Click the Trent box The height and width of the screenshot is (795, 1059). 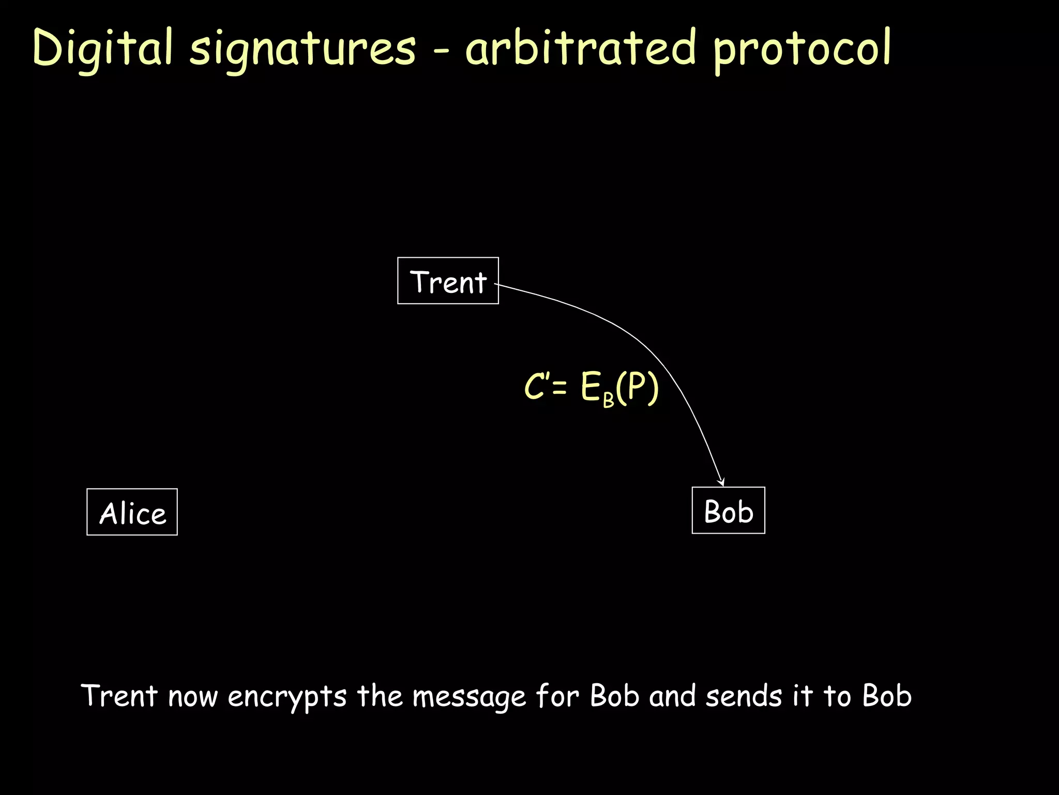pyautogui.click(x=448, y=281)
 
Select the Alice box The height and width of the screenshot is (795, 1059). pyautogui.click(x=132, y=512)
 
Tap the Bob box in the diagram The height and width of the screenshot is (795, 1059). pyautogui.click(x=728, y=510)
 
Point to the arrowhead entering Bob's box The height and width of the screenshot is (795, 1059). pyautogui.click(x=722, y=482)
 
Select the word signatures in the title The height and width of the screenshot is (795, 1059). pyautogui.click(x=302, y=50)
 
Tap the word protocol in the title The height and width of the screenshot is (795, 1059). pyautogui.click(x=802, y=50)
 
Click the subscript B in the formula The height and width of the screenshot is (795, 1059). pyautogui.click(x=608, y=399)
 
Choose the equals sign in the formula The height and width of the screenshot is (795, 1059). pyautogui.click(x=559, y=388)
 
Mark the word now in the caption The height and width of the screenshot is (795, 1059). pyautogui.click(x=193, y=697)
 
